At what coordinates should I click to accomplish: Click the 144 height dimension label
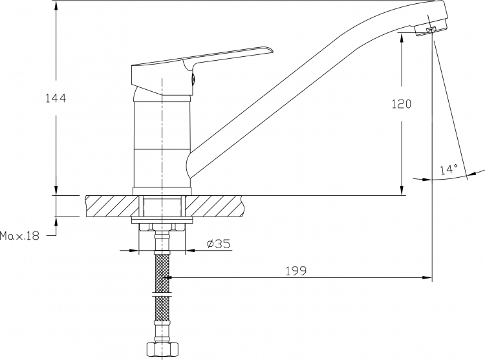tap(56, 98)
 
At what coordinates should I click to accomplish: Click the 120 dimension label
tap(402, 104)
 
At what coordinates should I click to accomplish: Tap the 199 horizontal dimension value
tap(296, 271)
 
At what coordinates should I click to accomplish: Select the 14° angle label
tap(449, 169)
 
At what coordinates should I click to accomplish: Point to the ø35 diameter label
tap(219, 244)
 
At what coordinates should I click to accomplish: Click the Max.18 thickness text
tap(20, 236)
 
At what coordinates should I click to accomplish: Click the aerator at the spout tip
tap(431, 30)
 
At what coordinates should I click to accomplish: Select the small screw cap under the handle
tap(193, 79)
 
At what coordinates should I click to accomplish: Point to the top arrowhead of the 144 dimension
tap(56, 6)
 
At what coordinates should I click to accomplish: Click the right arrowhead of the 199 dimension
tap(426, 277)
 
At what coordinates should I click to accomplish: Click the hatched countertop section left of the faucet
tap(112, 206)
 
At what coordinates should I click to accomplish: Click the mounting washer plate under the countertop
tap(162, 220)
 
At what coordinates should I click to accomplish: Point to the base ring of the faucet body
tap(162, 191)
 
